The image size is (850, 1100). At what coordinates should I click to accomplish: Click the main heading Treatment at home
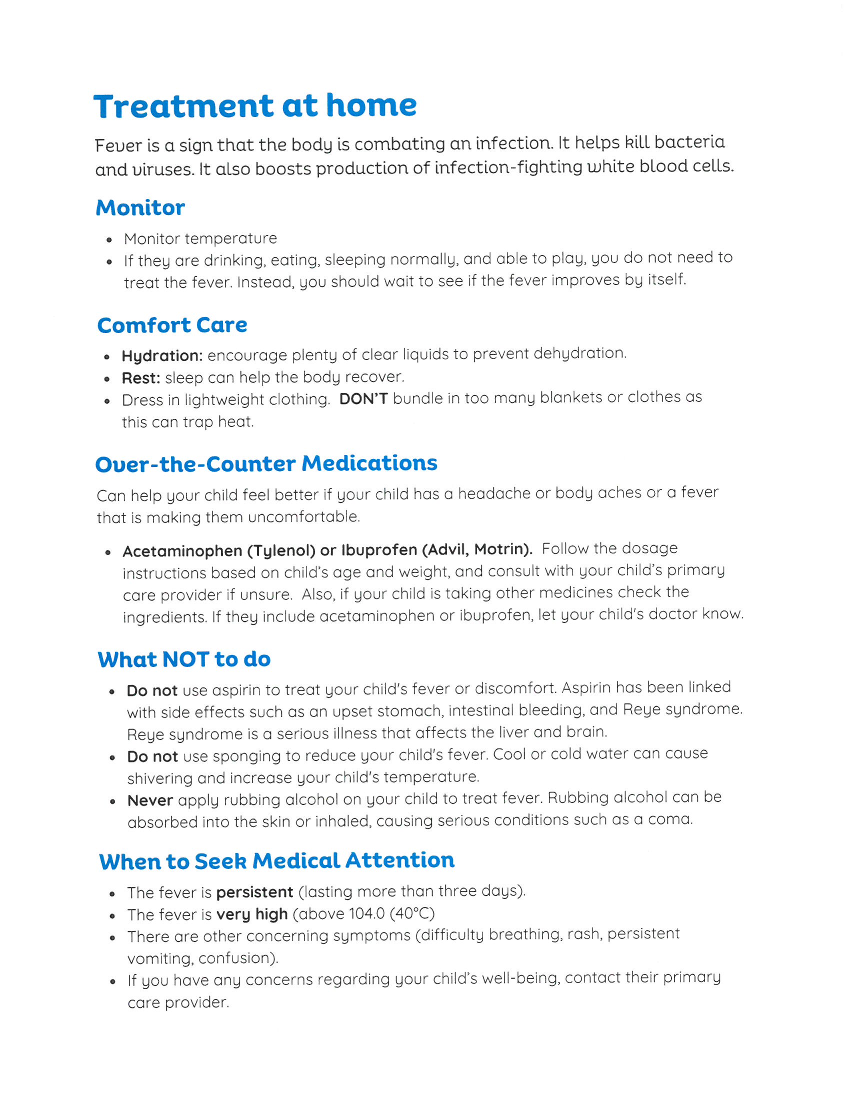coord(255,106)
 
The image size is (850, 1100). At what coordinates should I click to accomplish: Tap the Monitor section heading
coord(140,207)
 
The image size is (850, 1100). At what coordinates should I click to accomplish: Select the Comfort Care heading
coord(171,325)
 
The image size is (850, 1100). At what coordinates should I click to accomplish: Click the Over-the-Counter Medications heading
coord(266,463)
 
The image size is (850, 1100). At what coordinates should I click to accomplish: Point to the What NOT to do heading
coord(184,659)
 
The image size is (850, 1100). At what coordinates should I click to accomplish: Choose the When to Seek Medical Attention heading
coord(276,860)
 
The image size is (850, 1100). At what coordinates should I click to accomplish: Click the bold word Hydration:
coord(162,356)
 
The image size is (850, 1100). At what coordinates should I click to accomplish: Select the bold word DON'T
coord(363,399)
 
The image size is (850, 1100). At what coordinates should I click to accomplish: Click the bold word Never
coord(150,800)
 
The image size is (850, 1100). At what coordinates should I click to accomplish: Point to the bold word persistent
coord(255,892)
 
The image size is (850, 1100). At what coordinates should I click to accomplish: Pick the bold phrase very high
coord(252,914)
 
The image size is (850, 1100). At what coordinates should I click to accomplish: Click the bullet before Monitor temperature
coord(109,240)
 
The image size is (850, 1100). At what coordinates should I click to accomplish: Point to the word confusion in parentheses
coord(235,957)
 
